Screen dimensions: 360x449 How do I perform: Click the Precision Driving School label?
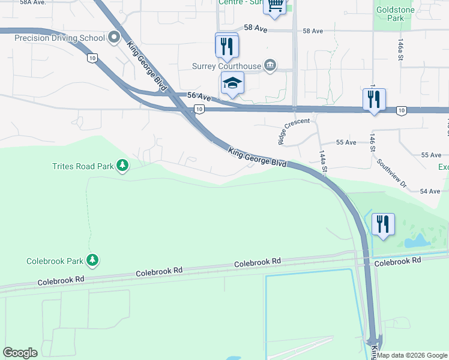[x=59, y=38]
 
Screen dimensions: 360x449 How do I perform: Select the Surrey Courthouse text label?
[x=226, y=66]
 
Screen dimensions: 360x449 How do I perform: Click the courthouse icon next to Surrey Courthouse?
[x=270, y=65]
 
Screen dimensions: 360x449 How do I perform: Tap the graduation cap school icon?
[x=232, y=84]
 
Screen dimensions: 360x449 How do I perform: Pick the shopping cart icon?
[x=275, y=6]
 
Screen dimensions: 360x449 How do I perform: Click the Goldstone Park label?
[x=390, y=14]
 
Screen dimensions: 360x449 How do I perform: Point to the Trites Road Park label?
[x=82, y=166]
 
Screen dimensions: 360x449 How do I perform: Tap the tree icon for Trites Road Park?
[x=122, y=165]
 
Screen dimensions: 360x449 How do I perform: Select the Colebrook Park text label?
[x=54, y=261]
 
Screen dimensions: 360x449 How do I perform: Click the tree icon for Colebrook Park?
[x=92, y=260]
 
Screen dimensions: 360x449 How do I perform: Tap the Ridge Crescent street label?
[x=294, y=131]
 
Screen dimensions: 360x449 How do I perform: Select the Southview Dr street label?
[x=391, y=173]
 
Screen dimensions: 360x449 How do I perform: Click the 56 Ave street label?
[x=199, y=97]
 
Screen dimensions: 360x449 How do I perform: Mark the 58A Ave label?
[x=32, y=2]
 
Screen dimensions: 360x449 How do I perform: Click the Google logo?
[x=20, y=353]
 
